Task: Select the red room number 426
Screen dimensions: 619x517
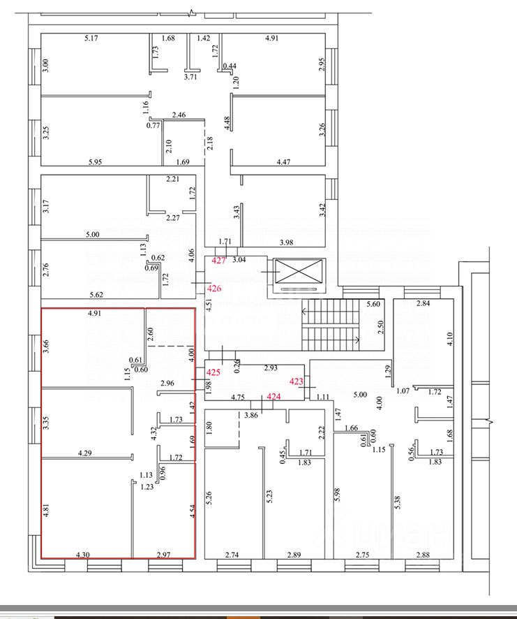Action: click(x=215, y=289)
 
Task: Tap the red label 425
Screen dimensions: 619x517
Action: click(x=213, y=373)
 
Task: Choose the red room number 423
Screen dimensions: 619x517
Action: click(x=297, y=381)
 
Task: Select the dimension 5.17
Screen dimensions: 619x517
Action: click(x=91, y=38)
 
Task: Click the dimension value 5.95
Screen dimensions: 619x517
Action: click(x=96, y=163)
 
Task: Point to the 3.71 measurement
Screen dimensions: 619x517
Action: click(x=190, y=78)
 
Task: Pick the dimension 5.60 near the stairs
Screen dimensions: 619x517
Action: click(x=374, y=304)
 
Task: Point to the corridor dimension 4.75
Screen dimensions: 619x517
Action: click(x=239, y=398)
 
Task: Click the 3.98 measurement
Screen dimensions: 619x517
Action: click(x=287, y=242)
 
